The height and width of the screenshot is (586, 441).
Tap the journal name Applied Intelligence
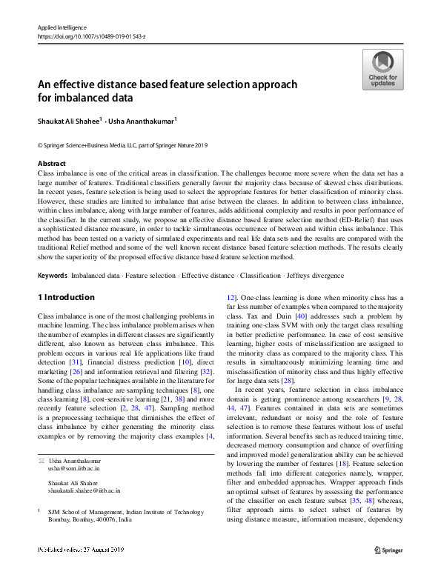pyautogui.click(x=62, y=27)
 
